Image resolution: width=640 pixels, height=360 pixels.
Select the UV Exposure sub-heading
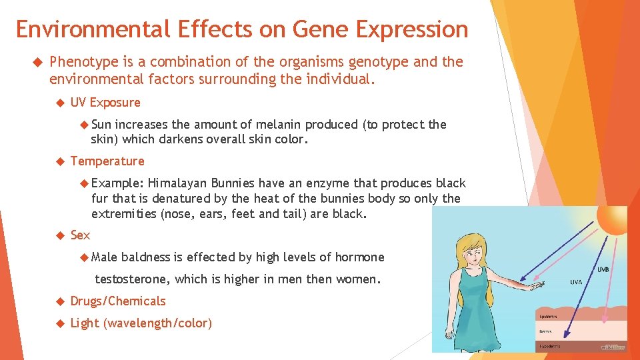click(105, 103)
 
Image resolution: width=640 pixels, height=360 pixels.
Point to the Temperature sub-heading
click(107, 161)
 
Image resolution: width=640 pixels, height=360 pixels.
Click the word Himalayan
click(177, 183)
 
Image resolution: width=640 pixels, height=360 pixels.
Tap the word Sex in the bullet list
click(80, 235)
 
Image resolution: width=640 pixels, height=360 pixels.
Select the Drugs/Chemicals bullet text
click(118, 301)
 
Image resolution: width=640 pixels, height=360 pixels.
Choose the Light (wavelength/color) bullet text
click(141, 323)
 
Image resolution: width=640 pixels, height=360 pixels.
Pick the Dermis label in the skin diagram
click(545, 331)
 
